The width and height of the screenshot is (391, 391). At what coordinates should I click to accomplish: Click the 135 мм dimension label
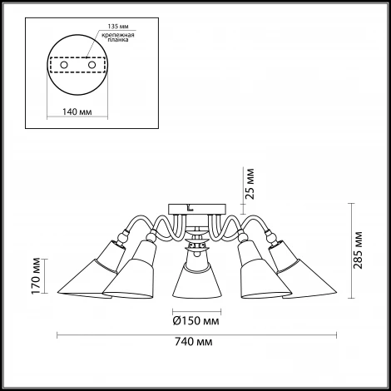click(118, 27)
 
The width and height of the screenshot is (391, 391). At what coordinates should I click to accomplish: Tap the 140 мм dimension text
click(77, 111)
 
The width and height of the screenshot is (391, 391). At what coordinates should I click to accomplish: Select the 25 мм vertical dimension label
click(250, 184)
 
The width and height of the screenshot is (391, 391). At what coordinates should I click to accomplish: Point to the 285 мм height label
click(358, 250)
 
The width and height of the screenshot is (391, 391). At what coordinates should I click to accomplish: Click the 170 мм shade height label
click(36, 276)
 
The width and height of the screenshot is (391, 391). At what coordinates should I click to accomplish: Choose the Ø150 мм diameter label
click(195, 321)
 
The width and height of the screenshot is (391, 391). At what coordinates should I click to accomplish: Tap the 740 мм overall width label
click(194, 342)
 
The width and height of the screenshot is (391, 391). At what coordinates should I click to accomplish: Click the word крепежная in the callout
click(118, 35)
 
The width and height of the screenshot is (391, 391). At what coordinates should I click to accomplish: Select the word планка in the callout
click(118, 40)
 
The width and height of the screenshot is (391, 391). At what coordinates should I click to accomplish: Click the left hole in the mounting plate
click(64, 65)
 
